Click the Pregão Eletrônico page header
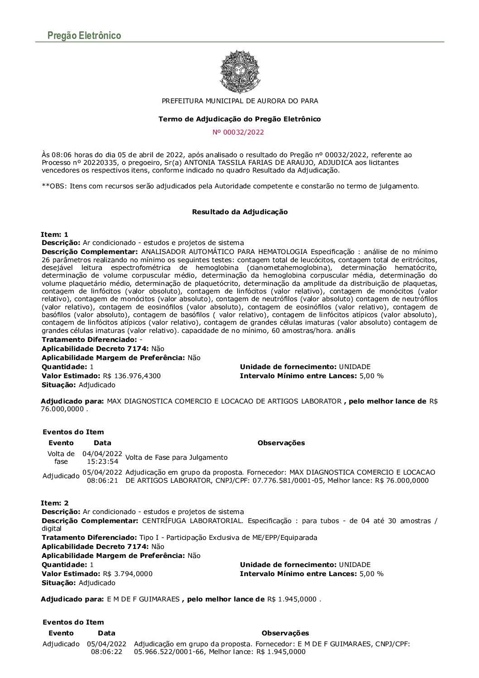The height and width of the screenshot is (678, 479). [x=84, y=35]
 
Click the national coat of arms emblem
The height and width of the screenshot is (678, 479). [x=239, y=72]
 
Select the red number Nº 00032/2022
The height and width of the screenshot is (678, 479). [x=238, y=132]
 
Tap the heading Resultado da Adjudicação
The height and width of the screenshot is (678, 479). [x=239, y=212]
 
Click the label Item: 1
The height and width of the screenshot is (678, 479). [x=54, y=235]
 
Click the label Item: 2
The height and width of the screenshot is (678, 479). [x=54, y=503]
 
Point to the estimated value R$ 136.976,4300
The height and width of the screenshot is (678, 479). [x=131, y=376]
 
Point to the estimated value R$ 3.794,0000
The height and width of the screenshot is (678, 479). [x=127, y=574]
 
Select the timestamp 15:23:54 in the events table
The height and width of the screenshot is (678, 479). [x=103, y=462]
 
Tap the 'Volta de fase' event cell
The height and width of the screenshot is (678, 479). [x=61, y=457]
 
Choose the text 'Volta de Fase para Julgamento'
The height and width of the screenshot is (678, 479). [x=176, y=457]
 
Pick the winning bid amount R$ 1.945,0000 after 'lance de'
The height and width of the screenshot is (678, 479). [x=292, y=599]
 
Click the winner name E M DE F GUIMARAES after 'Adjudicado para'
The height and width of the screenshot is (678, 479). [x=143, y=599]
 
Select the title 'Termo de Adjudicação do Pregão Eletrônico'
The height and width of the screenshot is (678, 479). [x=239, y=119]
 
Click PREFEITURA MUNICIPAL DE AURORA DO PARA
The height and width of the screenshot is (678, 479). [x=239, y=101]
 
